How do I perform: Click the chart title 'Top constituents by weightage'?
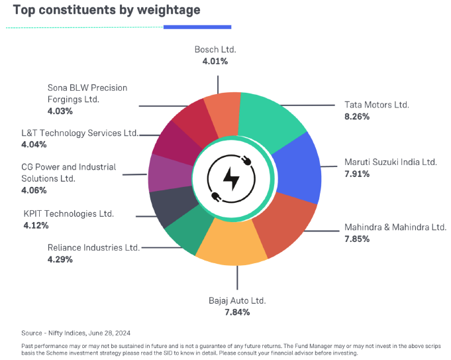point(107,11)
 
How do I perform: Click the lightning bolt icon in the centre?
point(231,178)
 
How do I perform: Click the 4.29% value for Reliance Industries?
point(60,259)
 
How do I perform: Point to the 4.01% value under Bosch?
point(215,61)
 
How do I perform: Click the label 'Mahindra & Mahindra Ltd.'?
point(395,227)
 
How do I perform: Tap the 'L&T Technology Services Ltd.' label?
point(79,133)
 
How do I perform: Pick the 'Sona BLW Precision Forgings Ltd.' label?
point(87,93)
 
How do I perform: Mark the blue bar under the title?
point(197,27)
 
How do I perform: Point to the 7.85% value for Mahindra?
point(356,239)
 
